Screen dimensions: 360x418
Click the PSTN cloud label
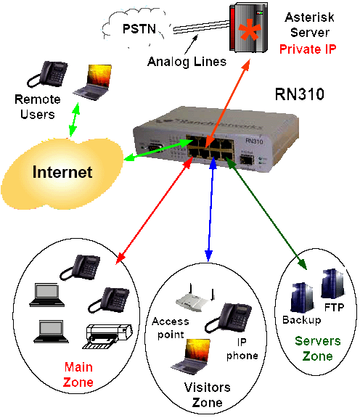pos(139,28)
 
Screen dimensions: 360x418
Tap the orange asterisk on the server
pos(250,30)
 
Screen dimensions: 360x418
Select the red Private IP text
pos(308,49)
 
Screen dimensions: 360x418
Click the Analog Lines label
pos(187,62)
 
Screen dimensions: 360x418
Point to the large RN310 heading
pos(300,94)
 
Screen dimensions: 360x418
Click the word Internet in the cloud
pos(62,172)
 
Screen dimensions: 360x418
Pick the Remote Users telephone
pos(47,74)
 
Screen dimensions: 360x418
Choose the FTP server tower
pos(333,284)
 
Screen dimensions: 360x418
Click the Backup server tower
pos(302,298)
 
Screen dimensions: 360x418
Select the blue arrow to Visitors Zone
pos(210,208)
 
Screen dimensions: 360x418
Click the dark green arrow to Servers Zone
pos(266,213)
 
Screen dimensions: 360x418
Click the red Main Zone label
pos(78,374)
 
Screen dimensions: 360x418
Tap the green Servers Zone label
pos(318,348)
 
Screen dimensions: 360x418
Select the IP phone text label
pos(242,348)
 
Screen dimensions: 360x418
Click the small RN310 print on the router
pos(254,141)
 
